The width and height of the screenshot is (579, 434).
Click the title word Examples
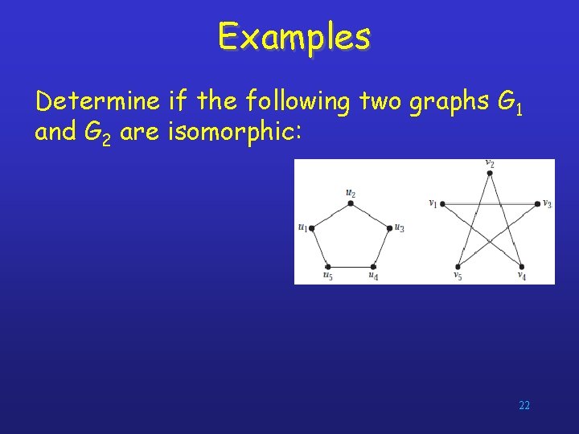click(x=294, y=36)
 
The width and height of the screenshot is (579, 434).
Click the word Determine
click(x=96, y=102)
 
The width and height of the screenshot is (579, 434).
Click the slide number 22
click(x=524, y=405)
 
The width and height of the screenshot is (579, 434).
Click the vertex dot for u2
click(x=350, y=203)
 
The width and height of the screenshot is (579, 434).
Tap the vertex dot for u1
click(x=311, y=228)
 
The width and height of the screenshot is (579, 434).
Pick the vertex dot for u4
click(x=374, y=266)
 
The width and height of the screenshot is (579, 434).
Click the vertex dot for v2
click(x=490, y=172)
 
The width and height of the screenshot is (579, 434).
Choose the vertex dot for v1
click(x=441, y=203)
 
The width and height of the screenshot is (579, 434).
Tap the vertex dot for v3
click(x=538, y=203)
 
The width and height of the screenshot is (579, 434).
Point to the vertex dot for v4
click(x=521, y=266)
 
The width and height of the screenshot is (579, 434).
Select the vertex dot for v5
click(x=458, y=266)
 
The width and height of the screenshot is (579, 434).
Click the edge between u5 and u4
click(x=350, y=266)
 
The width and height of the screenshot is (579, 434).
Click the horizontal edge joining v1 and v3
click(x=490, y=203)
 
